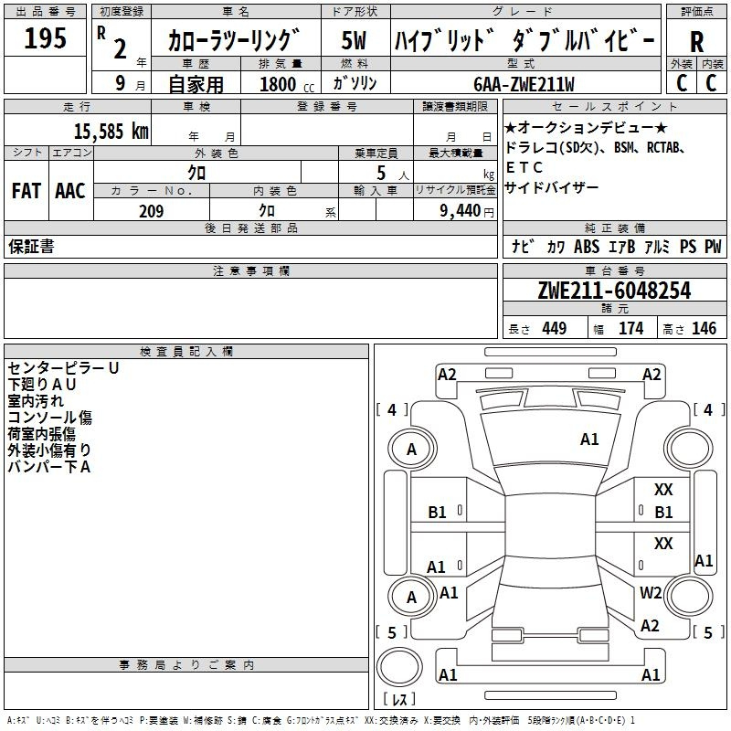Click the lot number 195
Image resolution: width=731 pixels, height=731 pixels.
click(45, 38)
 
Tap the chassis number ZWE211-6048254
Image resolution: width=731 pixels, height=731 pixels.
click(614, 291)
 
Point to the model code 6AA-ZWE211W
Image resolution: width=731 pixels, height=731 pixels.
click(524, 84)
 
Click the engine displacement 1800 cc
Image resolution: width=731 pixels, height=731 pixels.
click(284, 84)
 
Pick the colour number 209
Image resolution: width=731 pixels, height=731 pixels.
click(151, 211)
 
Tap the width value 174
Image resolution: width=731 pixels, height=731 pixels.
click(630, 328)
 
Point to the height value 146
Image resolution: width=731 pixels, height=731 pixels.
click(704, 328)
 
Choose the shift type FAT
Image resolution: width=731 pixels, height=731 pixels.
click(26, 191)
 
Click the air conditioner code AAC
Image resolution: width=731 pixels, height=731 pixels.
click(70, 191)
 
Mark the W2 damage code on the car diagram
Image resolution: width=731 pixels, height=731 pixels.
click(651, 592)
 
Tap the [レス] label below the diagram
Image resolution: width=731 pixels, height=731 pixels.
click(398, 699)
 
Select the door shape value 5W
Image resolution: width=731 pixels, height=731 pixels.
click(354, 40)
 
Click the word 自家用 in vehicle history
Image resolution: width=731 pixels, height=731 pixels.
click(196, 84)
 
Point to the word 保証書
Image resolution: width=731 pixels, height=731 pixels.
click(31, 247)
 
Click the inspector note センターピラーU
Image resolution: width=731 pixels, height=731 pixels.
click(63, 368)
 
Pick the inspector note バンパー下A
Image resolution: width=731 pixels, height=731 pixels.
click(49, 467)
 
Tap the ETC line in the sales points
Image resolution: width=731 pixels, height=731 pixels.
click(524, 167)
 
